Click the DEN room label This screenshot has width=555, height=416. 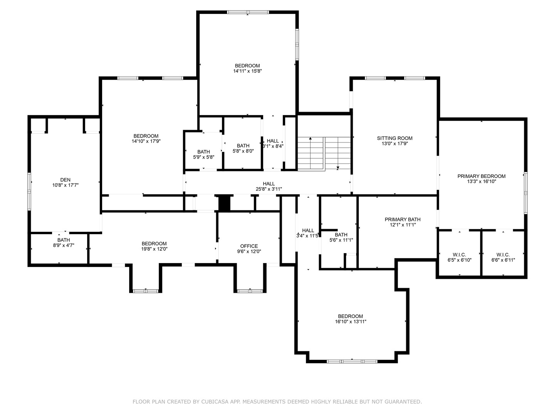(x=65, y=180)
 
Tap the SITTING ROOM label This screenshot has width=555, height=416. (x=394, y=138)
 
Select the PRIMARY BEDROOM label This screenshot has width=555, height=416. (x=481, y=176)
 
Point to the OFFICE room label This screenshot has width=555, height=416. (x=249, y=246)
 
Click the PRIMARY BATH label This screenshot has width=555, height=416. (x=402, y=220)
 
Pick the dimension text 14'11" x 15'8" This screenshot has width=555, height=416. (x=247, y=71)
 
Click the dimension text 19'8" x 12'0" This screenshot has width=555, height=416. (x=154, y=249)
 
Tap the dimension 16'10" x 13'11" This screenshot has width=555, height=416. (x=350, y=322)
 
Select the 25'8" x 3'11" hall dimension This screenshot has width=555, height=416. (x=269, y=189)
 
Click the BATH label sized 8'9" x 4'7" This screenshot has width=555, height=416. (x=64, y=240)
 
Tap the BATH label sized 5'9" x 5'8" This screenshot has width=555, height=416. (x=203, y=151)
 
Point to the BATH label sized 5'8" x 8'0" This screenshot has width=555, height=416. (x=243, y=146)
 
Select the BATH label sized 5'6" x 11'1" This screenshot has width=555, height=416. (x=341, y=235)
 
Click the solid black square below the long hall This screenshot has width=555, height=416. (x=224, y=203)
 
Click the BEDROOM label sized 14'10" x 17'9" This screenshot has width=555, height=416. (x=146, y=136)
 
